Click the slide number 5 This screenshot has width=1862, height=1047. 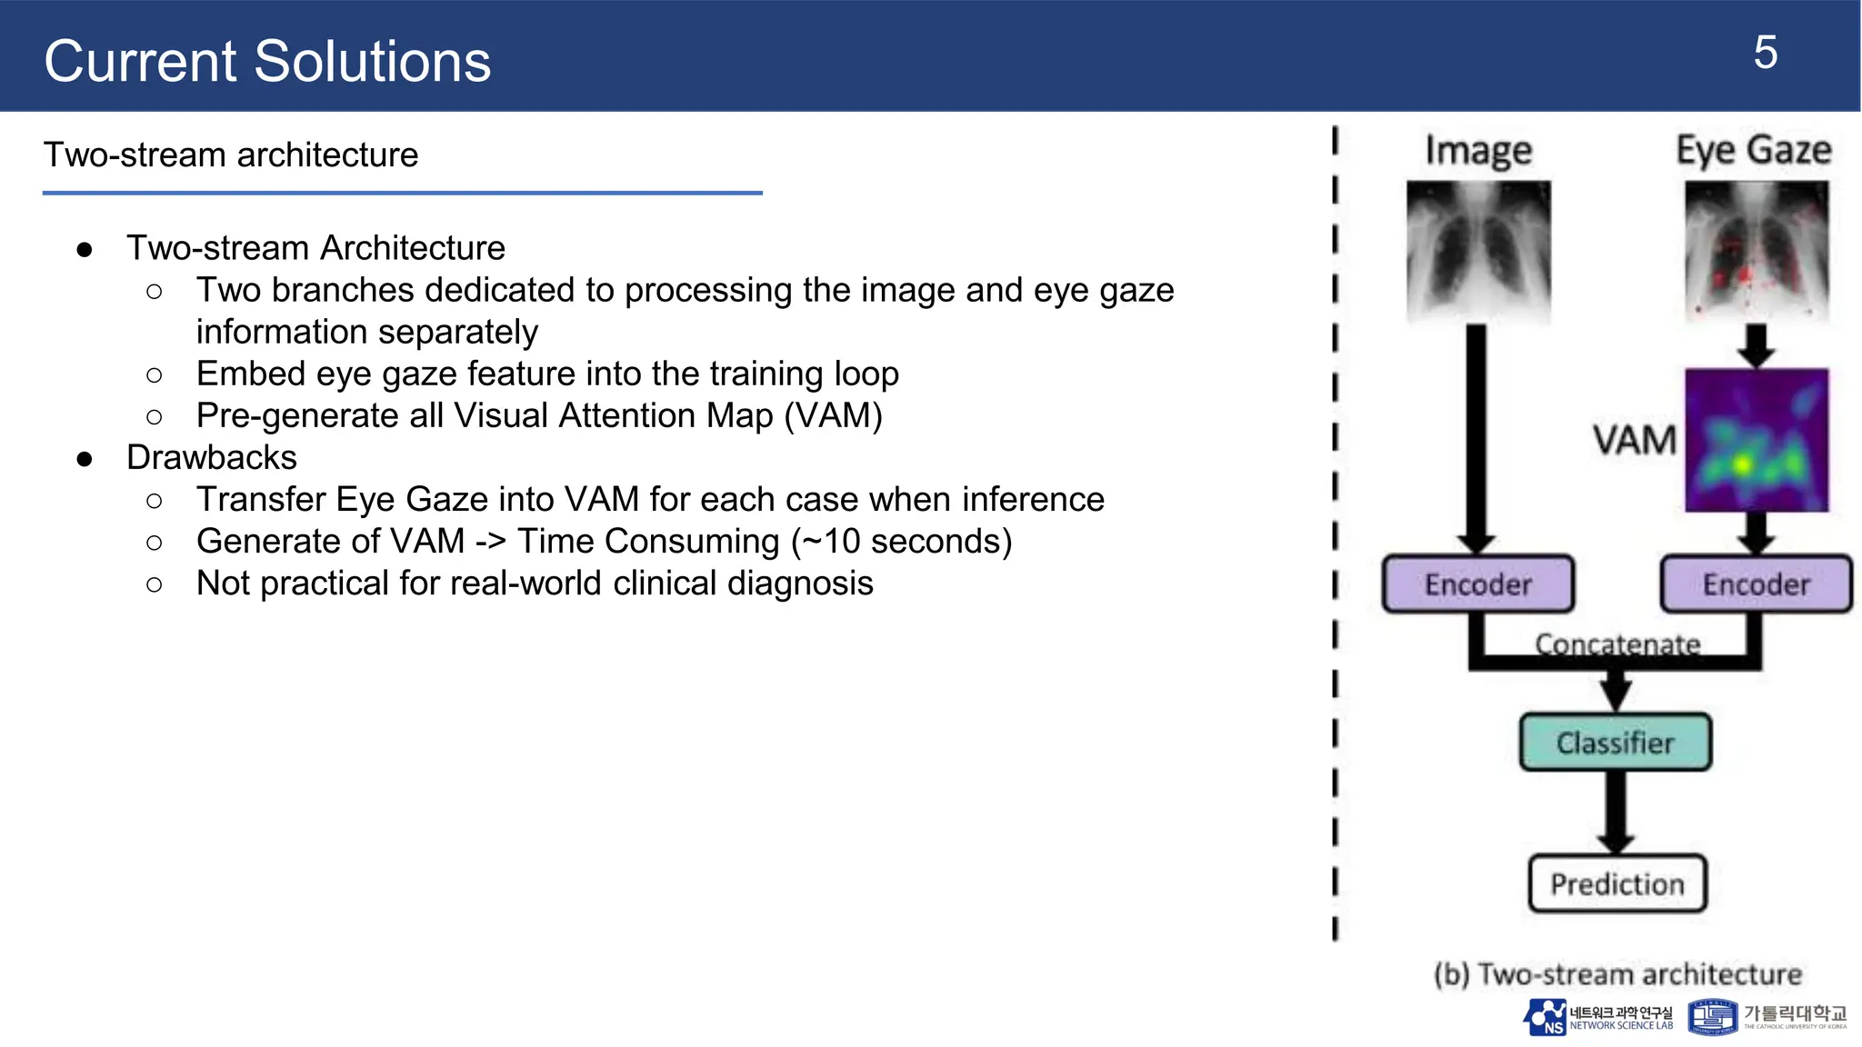[1764, 53]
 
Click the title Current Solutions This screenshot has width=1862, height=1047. [267, 62]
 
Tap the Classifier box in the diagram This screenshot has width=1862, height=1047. [1615, 743]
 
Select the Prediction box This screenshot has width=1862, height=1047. [1617, 883]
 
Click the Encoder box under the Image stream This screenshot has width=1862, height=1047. [1477, 583]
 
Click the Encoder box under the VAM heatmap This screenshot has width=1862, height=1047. [1756, 583]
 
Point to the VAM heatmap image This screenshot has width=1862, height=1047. [1756, 440]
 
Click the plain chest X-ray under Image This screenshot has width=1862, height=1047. [1478, 252]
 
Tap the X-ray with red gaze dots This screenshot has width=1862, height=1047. [1756, 252]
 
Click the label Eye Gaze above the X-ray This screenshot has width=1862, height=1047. [1753, 150]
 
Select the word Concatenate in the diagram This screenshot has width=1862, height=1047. [1617, 643]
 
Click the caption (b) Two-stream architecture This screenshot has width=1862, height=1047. [1617, 974]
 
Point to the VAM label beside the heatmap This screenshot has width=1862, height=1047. [1634, 440]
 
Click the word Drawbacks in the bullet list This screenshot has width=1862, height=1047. [212, 457]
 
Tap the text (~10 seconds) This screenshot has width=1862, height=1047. [901, 542]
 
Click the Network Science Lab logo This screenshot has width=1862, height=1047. [1597, 1018]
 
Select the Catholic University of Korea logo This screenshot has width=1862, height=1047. [1767, 1018]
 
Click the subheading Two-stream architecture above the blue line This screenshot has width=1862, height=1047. [231, 155]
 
